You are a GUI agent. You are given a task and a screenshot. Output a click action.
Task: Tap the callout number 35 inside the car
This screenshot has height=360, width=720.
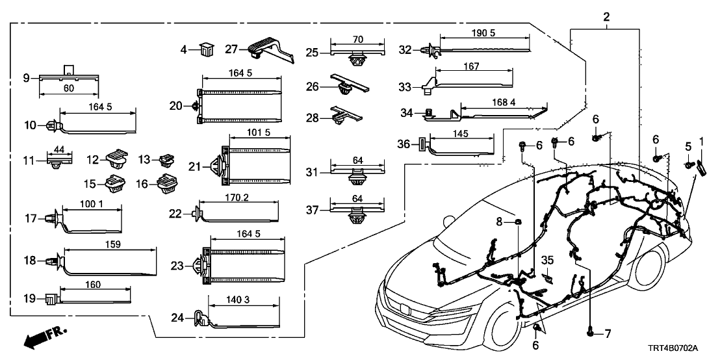pyautogui.click(x=547, y=261)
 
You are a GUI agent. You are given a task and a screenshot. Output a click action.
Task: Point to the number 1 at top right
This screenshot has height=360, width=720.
pyautogui.click(x=701, y=141)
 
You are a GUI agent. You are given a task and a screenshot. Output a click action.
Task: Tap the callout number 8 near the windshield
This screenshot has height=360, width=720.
pyautogui.click(x=499, y=222)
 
